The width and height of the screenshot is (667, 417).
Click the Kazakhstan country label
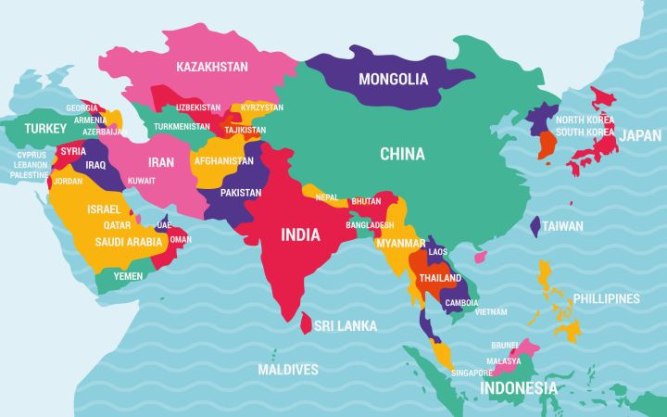click(212, 67)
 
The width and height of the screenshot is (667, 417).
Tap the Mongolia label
click(394, 79)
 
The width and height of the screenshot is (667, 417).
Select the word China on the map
click(402, 155)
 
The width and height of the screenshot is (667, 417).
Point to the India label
click(300, 234)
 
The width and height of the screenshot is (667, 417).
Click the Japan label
click(640, 135)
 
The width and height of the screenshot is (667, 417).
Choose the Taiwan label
click(562, 225)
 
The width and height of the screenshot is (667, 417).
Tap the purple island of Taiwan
click(535, 225)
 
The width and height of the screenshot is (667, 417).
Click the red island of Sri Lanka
click(306, 322)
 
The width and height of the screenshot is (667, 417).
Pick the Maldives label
click(288, 370)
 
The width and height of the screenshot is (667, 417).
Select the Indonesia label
click(519, 388)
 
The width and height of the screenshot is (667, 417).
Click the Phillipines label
click(606, 298)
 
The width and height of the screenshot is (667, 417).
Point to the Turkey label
click(45, 128)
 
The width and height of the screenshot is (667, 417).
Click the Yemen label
click(128, 275)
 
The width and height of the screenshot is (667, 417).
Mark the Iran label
click(161, 162)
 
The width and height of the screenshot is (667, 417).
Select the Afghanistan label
click(223, 160)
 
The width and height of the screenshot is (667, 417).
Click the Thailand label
click(440, 278)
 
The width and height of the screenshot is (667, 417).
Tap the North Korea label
click(585, 120)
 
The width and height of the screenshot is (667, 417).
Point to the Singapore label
click(472, 373)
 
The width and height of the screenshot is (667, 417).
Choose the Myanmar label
click(400, 243)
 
